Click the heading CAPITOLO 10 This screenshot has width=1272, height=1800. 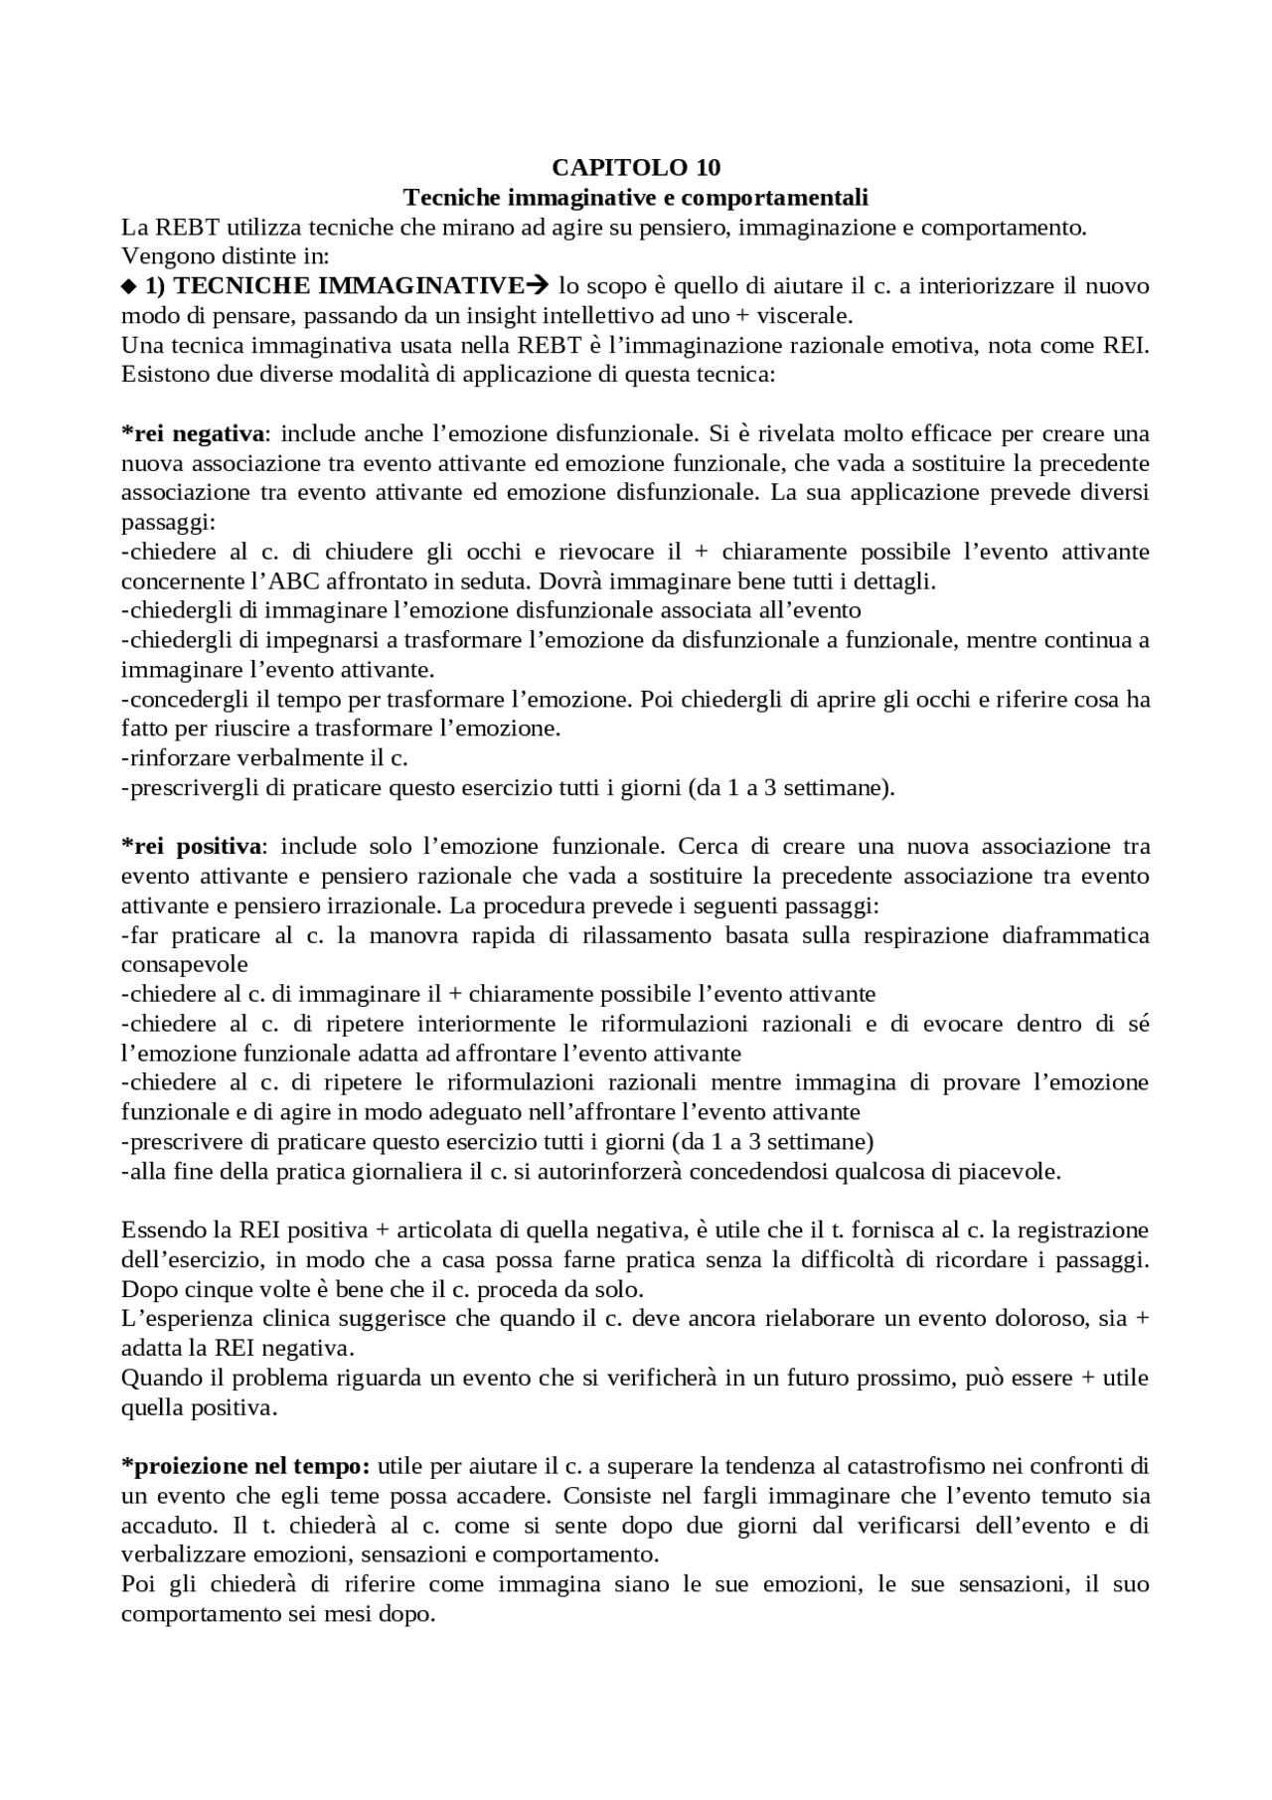click(x=636, y=166)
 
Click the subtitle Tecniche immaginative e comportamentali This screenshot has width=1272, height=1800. click(x=636, y=196)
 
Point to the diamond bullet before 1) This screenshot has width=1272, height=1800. click(x=126, y=287)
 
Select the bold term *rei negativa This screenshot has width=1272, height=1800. click(x=193, y=433)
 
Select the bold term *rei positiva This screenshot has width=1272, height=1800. click(x=193, y=846)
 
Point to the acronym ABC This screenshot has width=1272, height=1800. click(x=293, y=580)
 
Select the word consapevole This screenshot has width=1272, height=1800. click(x=185, y=964)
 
